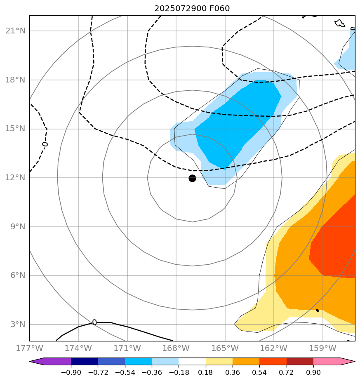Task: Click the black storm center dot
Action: pyautogui.click(x=192, y=178)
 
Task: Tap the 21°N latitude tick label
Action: pyautogui.click(x=15, y=31)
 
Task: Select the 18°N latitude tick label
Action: pyautogui.click(x=15, y=80)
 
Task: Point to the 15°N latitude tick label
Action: pyautogui.click(x=15, y=129)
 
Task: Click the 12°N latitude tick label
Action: pyautogui.click(x=15, y=178)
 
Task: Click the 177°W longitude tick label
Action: pyautogui.click(x=29, y=348)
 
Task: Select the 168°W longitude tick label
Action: pyautogui.click(x=176, y=348)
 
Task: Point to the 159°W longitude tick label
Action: pyautogui.click(x=322, y=348)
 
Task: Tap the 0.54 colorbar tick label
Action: pyautogui.click(x=260, y=373)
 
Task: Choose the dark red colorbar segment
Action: pyautogui.click(x=300, y=362)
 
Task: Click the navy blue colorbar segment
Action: pyautogui.click(x=85, y=362)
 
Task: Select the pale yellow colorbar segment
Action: pyautogui.click(x=219, y=362)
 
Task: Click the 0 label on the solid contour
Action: pyautogui.click(x=94, y=322)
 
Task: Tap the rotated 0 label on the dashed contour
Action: pyautogui.click(x=45, y=144)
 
